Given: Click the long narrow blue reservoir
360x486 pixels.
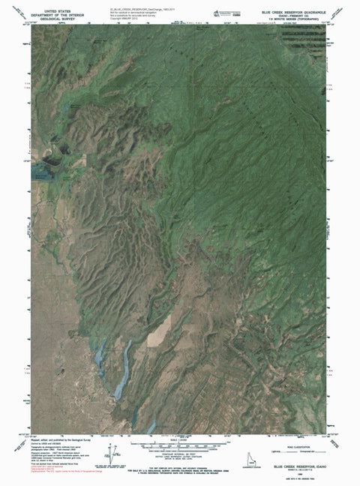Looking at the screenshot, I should (124, 368).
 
